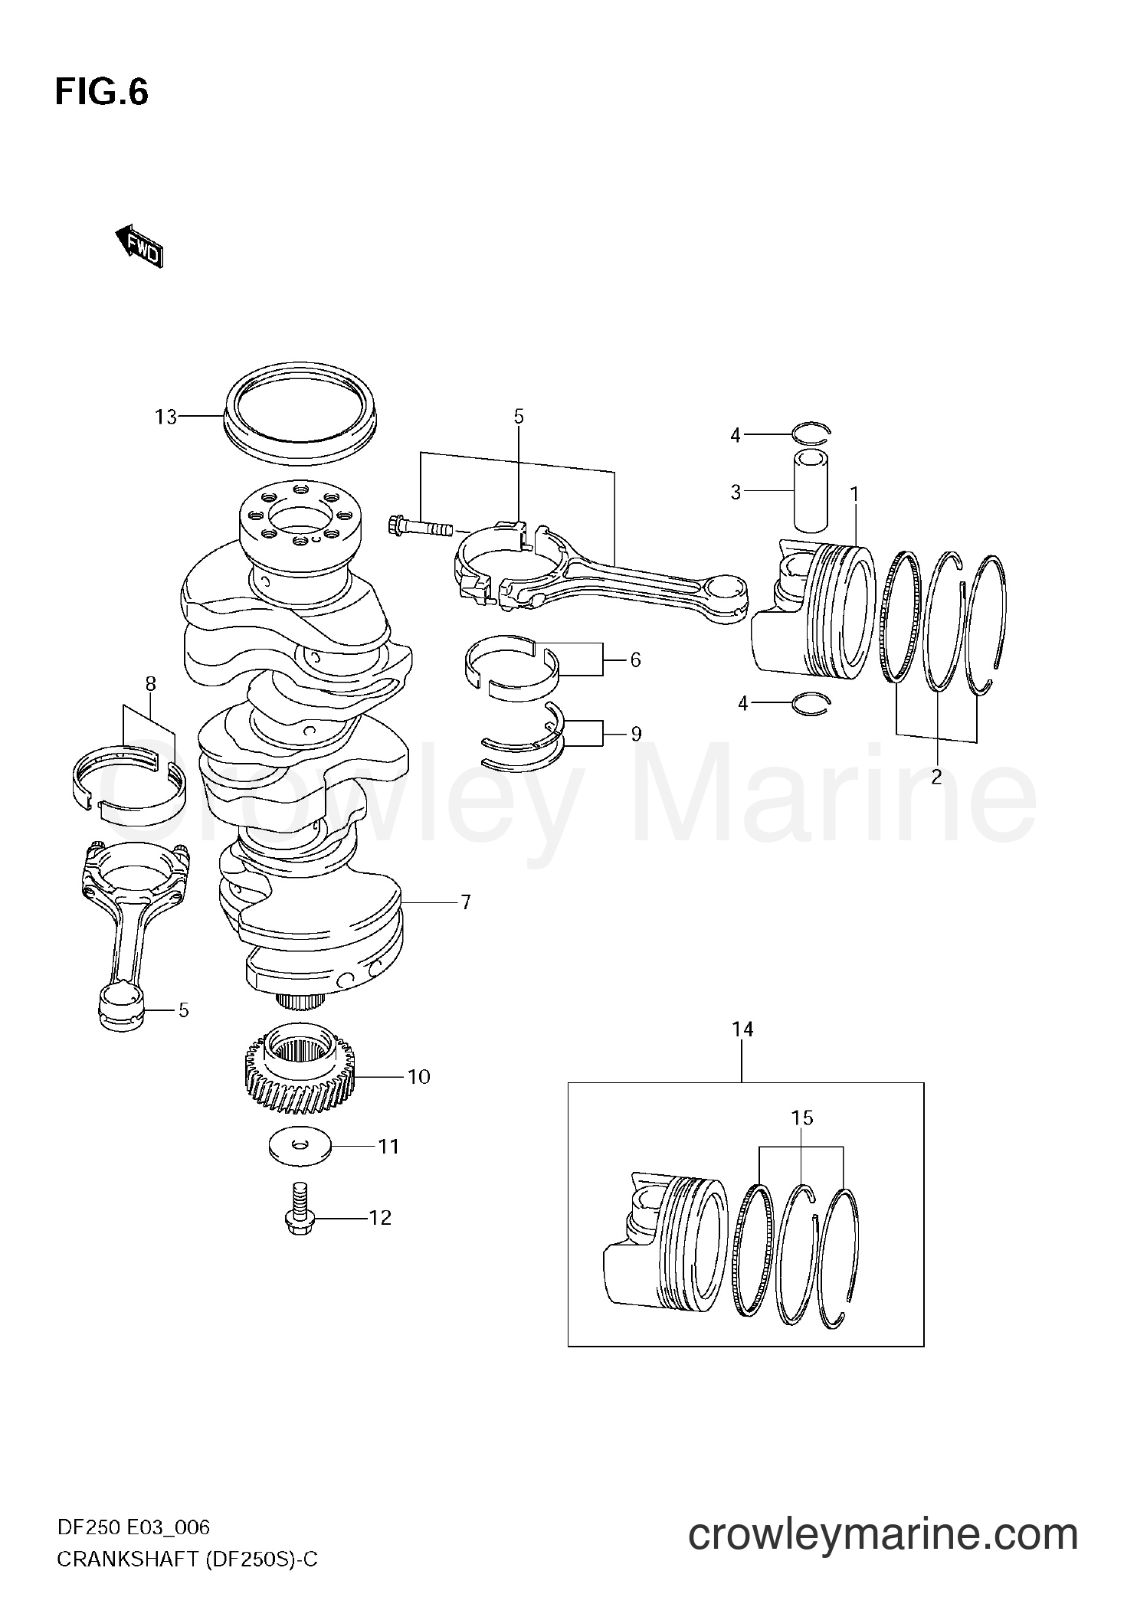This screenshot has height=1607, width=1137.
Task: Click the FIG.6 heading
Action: (101, 93)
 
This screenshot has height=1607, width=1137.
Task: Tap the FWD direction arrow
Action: (139, 246)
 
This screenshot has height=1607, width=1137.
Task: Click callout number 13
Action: (165, 417)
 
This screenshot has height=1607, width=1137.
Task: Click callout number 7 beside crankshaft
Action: (465, 902)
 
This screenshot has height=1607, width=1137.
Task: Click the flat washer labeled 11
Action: (300, 1147)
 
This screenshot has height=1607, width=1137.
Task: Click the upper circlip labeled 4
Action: (811, 434)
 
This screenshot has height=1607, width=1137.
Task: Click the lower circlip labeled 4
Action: (811, 702)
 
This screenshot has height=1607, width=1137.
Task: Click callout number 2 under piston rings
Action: (936, 777)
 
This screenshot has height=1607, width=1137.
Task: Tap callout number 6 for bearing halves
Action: (634, 659)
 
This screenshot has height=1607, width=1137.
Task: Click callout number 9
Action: (635, 734)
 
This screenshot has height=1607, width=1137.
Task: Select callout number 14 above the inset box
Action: (742, 1030)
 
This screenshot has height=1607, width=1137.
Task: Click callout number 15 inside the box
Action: (801, 1118)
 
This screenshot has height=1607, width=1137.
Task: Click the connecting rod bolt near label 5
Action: (421, 527)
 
